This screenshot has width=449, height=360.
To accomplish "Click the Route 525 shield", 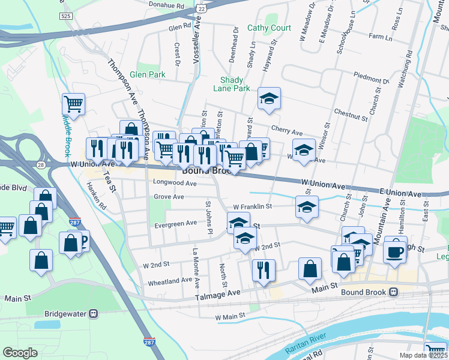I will point(66,16).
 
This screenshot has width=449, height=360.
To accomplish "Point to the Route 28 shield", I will point(40,164).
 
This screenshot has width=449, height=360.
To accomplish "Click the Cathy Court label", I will point(269,28).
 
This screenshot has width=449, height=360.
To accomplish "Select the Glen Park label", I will point(147,75).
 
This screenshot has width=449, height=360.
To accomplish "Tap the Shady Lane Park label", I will point(231,84).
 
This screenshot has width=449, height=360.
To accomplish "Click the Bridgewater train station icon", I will point(93,313).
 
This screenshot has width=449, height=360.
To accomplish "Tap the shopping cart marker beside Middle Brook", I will point(73,104).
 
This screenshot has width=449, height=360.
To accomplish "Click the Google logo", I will point(20,352).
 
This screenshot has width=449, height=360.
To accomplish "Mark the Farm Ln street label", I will point(381,37).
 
